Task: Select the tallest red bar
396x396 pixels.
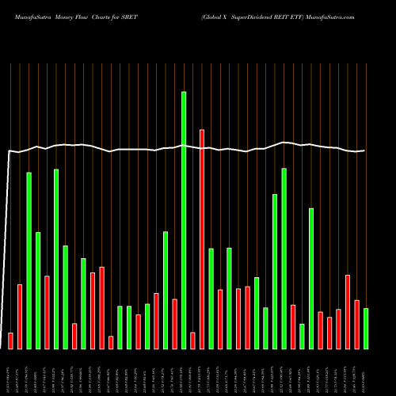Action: click(x=202, y=238)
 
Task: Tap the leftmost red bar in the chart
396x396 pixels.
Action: click(x=10, y=341)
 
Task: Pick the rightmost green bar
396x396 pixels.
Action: click(x=366, y=328)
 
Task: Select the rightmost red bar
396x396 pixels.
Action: click(x=356, y=324)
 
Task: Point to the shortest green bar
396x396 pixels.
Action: click(x=302, y=336)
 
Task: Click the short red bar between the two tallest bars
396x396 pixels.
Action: click(x=192, y=340)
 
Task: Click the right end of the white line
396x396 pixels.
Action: click(x=365, y=150)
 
